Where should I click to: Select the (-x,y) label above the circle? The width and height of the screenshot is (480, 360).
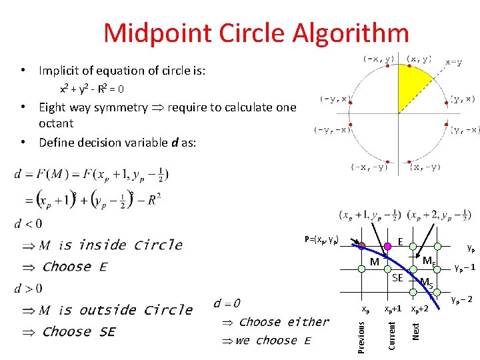click(x=378, y=59)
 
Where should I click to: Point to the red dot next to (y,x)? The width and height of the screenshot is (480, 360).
click(x=446, y=103)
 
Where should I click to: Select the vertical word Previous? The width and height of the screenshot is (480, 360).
click(x=361, y=337)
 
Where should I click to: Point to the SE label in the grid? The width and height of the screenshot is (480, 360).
click(x=397, y=277)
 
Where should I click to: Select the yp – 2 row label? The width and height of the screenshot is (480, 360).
click(x=462, y=299)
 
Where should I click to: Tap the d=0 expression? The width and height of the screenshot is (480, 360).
click(x=227, y=303)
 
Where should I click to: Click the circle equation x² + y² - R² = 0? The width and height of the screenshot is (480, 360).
click(x=91, y=89)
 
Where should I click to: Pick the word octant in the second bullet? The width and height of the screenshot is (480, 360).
click(x=56, y=123)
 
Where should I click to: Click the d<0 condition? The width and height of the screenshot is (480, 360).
click(x=28, y=223)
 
